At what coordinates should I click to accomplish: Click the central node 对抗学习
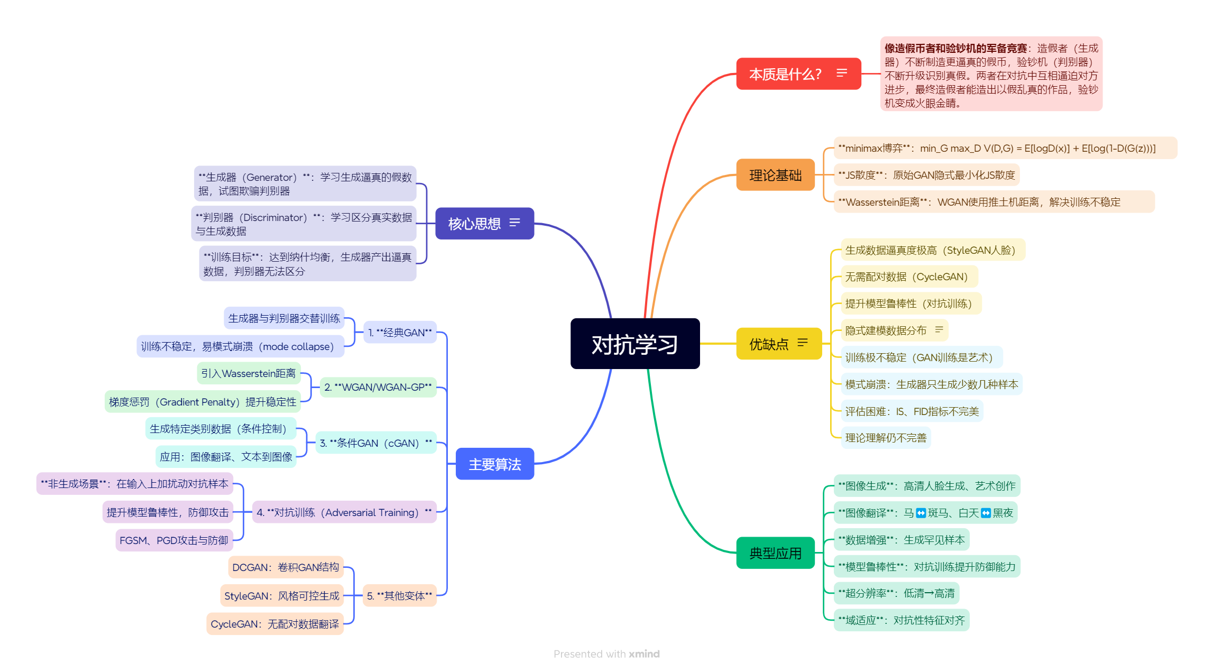pos(634,344)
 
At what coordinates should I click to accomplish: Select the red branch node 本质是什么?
pos(785,74)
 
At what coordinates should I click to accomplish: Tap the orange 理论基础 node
pos(775,175)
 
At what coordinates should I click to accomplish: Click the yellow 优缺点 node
pos(769,344)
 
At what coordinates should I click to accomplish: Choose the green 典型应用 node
pos(775,553)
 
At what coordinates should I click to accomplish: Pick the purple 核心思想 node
pos(474,224)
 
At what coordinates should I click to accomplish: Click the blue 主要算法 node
pos(494,464)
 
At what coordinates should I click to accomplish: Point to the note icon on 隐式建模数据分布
pos(939,330)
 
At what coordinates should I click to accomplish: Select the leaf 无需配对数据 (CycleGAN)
pos(906,277)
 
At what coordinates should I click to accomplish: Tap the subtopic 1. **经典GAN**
pos(400,333)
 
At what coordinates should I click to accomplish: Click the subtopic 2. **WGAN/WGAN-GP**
pos(378,387)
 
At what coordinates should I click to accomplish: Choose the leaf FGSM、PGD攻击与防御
pos(174,540)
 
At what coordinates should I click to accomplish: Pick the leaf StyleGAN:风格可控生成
pos(282,596)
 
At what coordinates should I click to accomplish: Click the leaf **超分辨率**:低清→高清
pos(896,593)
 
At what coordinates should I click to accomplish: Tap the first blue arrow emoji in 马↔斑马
pos(921,513)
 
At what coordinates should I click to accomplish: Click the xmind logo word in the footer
pos(644,654)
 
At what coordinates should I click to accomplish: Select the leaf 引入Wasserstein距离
pos(249,373)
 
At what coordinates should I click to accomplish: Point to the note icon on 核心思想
pos(514,223)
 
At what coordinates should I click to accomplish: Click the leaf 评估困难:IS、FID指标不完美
pos(912,411)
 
